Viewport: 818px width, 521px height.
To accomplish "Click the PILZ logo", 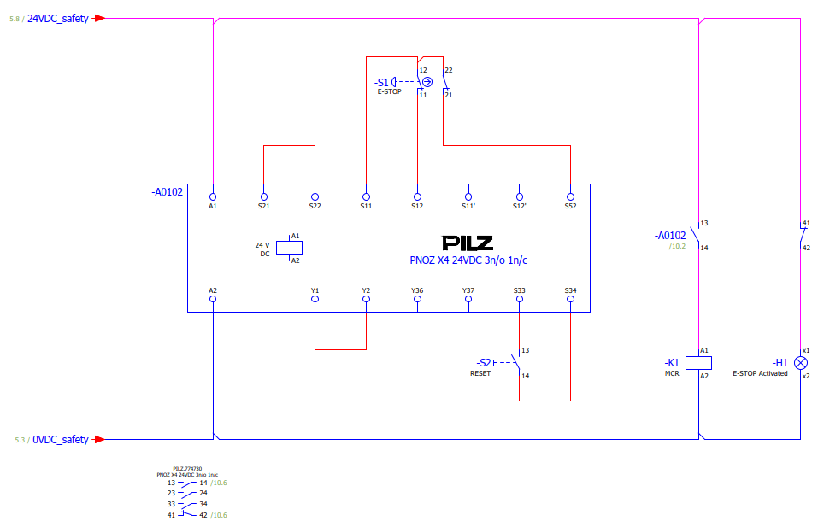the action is pos(468,243).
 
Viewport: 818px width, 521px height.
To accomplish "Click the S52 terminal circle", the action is pos(570,196).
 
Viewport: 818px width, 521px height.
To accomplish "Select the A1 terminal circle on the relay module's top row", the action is pos(213,196).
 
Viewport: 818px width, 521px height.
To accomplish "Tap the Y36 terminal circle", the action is pos(417,299).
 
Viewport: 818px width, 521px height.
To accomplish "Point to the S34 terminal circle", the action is pos(570,299).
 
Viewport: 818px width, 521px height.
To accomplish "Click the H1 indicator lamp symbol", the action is pos(800,363).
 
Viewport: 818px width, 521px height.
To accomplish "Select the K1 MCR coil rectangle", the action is pos(698,363).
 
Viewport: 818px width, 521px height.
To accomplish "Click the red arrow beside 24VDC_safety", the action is pos(99,18).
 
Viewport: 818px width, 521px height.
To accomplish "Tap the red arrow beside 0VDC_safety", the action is pos(98,440).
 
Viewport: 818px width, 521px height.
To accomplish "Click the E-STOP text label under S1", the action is pos(390,91).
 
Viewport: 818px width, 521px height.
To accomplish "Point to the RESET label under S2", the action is pos(480,373).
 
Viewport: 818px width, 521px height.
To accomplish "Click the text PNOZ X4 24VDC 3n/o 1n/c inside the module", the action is pos(468,260).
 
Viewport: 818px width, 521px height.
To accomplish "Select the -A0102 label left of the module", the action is pos(168,192).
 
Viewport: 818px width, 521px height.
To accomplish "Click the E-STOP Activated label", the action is pos(760,373).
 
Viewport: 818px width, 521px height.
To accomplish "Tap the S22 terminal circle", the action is pos(315,196).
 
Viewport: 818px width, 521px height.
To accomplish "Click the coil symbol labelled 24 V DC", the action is pos(289,248).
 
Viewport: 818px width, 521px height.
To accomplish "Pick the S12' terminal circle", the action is pos(520,196).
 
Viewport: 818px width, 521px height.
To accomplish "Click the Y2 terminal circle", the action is pos(366,299).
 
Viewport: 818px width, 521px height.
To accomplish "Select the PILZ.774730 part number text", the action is pos(187,469).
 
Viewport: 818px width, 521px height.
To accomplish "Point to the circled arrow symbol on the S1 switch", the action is pos(427,82).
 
